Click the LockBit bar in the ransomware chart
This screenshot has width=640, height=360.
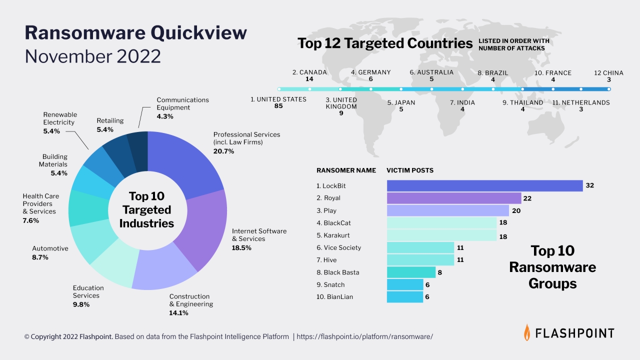click(484, 186)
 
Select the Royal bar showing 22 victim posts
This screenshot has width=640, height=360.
click(453, 198)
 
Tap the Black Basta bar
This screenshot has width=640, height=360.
click(411, 272)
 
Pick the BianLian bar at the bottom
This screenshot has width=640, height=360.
click(404, 297)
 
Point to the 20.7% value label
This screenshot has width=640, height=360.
click(223, 151)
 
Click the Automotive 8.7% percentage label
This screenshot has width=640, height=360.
click(40, 257)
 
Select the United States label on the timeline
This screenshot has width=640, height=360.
click(278, 99)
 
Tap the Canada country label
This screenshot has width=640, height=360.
click(309, 72)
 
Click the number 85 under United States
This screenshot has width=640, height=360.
click(278, 106)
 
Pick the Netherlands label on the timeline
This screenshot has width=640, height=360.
click(581, 102)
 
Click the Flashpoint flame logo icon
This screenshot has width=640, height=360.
click(527, 332)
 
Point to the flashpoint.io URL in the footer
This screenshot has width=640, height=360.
click(364, 337)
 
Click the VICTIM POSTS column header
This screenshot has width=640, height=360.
click(409, 170)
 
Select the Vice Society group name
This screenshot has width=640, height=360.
click(338, 248)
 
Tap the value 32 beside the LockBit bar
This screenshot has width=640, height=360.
click(589, 185)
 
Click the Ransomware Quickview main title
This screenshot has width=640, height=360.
click(135, 32)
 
